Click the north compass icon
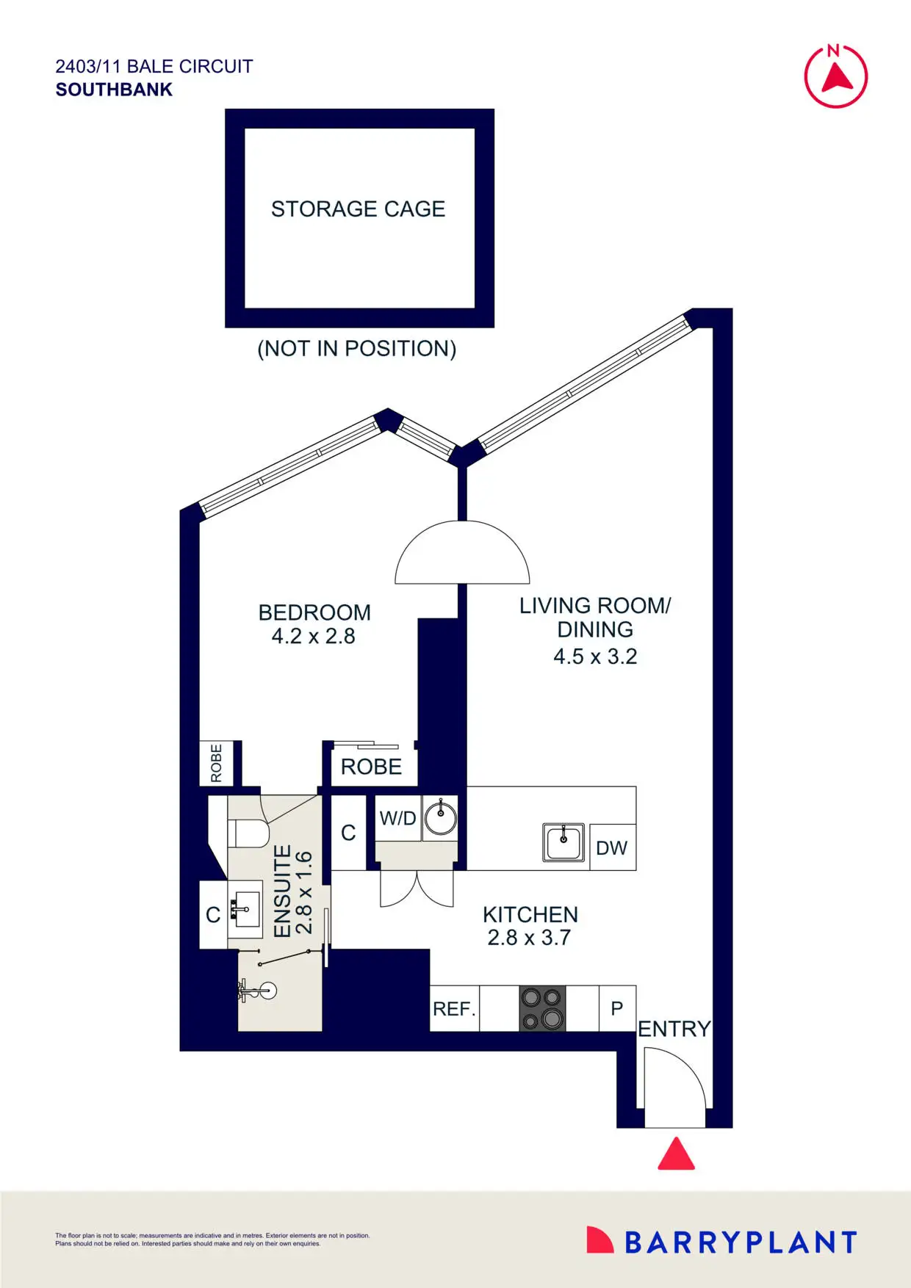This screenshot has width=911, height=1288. point(835,76)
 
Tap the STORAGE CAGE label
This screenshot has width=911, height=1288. point(358,209)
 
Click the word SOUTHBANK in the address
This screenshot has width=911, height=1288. point(114,90)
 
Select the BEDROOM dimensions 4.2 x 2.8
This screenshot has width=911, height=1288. point(313,636)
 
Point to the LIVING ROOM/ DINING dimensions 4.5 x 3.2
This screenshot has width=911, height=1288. point(595,656)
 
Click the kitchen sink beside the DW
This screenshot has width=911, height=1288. point(563,842)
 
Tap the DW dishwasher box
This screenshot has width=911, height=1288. point(611,848)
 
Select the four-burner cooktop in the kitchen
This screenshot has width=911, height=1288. point(542,1008)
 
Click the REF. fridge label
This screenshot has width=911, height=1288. point(454,1009)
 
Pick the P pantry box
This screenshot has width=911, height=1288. point(617,1008)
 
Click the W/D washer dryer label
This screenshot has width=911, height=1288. point(397,818)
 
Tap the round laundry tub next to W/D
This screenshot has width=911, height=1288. point(441,818)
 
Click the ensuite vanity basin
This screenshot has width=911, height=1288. point(245,909)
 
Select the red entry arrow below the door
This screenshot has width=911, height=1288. point(676,1154)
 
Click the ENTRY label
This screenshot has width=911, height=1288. point(674,1029)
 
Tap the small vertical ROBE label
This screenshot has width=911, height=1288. point(216,763)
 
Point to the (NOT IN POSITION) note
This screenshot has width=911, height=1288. point(356,348)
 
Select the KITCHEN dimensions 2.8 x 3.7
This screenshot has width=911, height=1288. point(529,938)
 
